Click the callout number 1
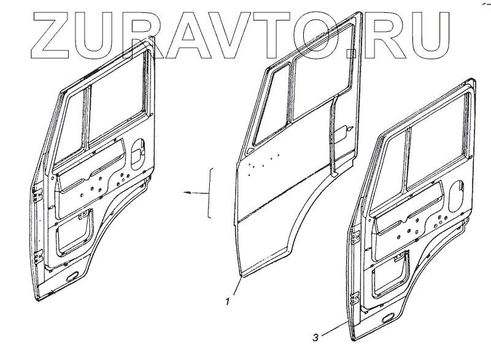(x=228, y=301)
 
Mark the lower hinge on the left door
(x=37, y=256)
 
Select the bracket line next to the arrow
(x=211, y=192)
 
